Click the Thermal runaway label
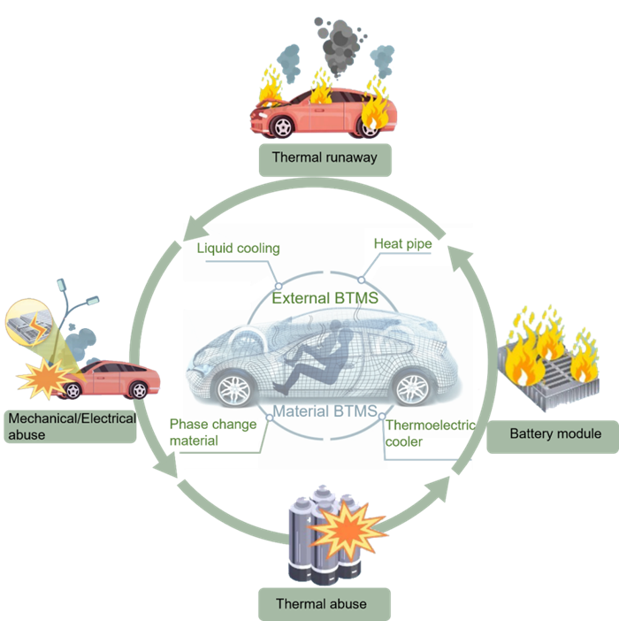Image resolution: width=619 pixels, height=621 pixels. point(325,158)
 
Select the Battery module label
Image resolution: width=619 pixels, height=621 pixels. point(554,433)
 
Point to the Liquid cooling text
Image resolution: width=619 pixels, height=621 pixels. point(238,249)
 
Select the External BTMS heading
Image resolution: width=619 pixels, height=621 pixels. point(325,298)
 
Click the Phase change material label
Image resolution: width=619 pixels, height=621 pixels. point(212,432)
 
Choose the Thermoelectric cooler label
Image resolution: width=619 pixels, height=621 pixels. point(430,433)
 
